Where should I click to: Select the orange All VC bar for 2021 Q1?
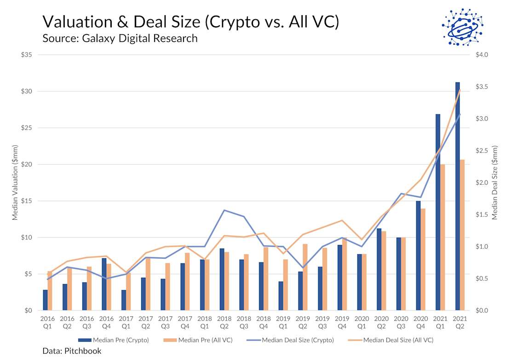tap(443, 237)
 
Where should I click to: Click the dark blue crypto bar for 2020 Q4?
tap(418, 256)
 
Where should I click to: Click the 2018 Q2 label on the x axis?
tap(224, 321)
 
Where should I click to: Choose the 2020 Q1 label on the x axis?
tap(362, 321)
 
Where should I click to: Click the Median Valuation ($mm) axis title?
tap(15, 183)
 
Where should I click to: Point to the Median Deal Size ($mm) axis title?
tap(495, 183)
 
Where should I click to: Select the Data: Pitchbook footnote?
tap(71, 351)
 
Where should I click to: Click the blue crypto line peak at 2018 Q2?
tap(224, 210)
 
